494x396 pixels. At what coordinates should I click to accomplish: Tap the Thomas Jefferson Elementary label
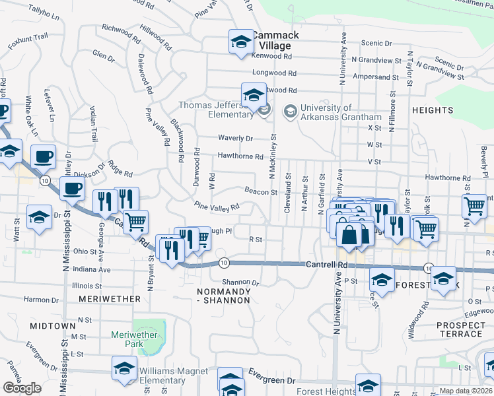215,109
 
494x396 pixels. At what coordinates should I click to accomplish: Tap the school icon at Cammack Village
241,42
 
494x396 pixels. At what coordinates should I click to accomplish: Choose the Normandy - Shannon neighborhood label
225,296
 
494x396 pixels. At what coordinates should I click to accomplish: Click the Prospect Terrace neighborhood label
460,329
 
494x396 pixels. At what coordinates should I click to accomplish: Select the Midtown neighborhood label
52,326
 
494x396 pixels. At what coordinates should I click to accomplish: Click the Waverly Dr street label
236,139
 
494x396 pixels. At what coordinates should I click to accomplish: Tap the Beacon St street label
261,192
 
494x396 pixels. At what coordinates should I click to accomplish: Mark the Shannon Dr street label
240,282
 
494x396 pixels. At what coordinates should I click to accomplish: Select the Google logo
22,388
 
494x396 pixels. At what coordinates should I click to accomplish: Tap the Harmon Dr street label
41,300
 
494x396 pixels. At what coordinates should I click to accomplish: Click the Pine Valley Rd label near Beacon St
216,207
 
